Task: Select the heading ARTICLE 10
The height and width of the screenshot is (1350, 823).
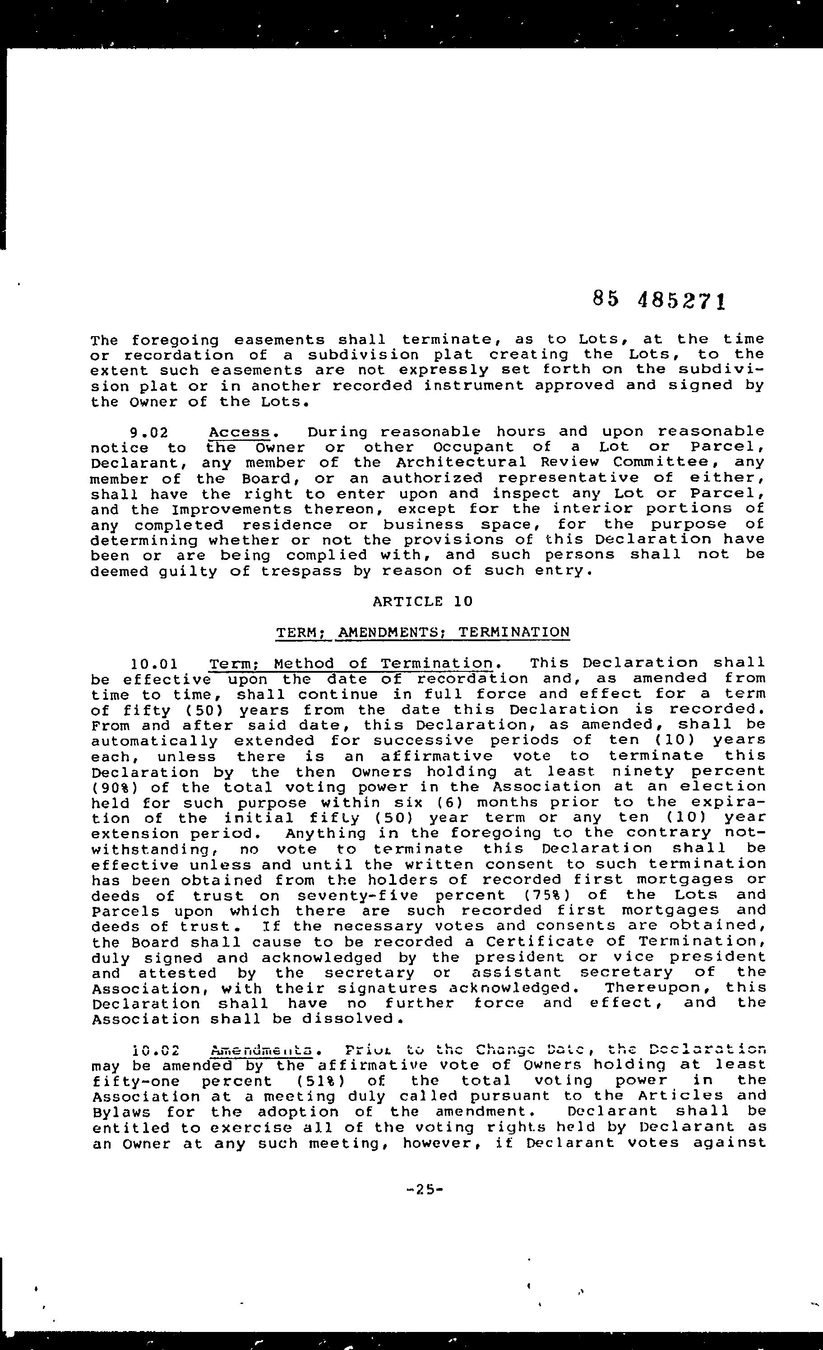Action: coord(422,601)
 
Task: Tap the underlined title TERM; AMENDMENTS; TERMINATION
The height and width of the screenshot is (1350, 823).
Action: coord(422,632)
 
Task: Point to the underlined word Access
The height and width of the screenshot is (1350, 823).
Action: coord(240,432)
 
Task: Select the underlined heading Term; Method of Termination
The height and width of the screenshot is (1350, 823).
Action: coord(351,664)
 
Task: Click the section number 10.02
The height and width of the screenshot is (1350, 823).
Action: coord(156,1051)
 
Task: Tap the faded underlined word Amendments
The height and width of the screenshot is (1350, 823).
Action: coord(261,1051)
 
